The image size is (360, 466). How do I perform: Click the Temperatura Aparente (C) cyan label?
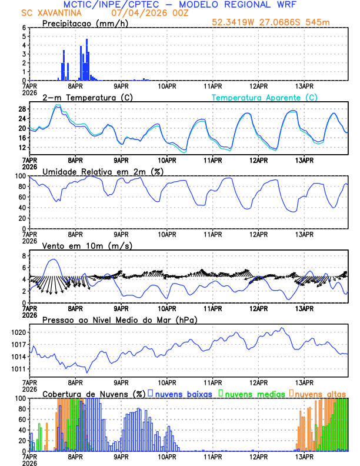coord(264,98)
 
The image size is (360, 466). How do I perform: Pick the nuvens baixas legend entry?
coord(184,394)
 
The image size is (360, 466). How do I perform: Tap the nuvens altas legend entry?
coord(320,394)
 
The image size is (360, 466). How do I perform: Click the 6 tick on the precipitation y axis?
coord(24,28)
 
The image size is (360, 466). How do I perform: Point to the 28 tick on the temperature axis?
coord(22,109)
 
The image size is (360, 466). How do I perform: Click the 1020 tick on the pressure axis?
coord(18,332)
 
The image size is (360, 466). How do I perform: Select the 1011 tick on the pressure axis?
coord(18,369)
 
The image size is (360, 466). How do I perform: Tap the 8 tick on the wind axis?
coord(24,256)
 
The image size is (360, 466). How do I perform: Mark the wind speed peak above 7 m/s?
coord(54,259)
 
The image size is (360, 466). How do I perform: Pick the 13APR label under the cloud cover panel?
coord(304,456)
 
